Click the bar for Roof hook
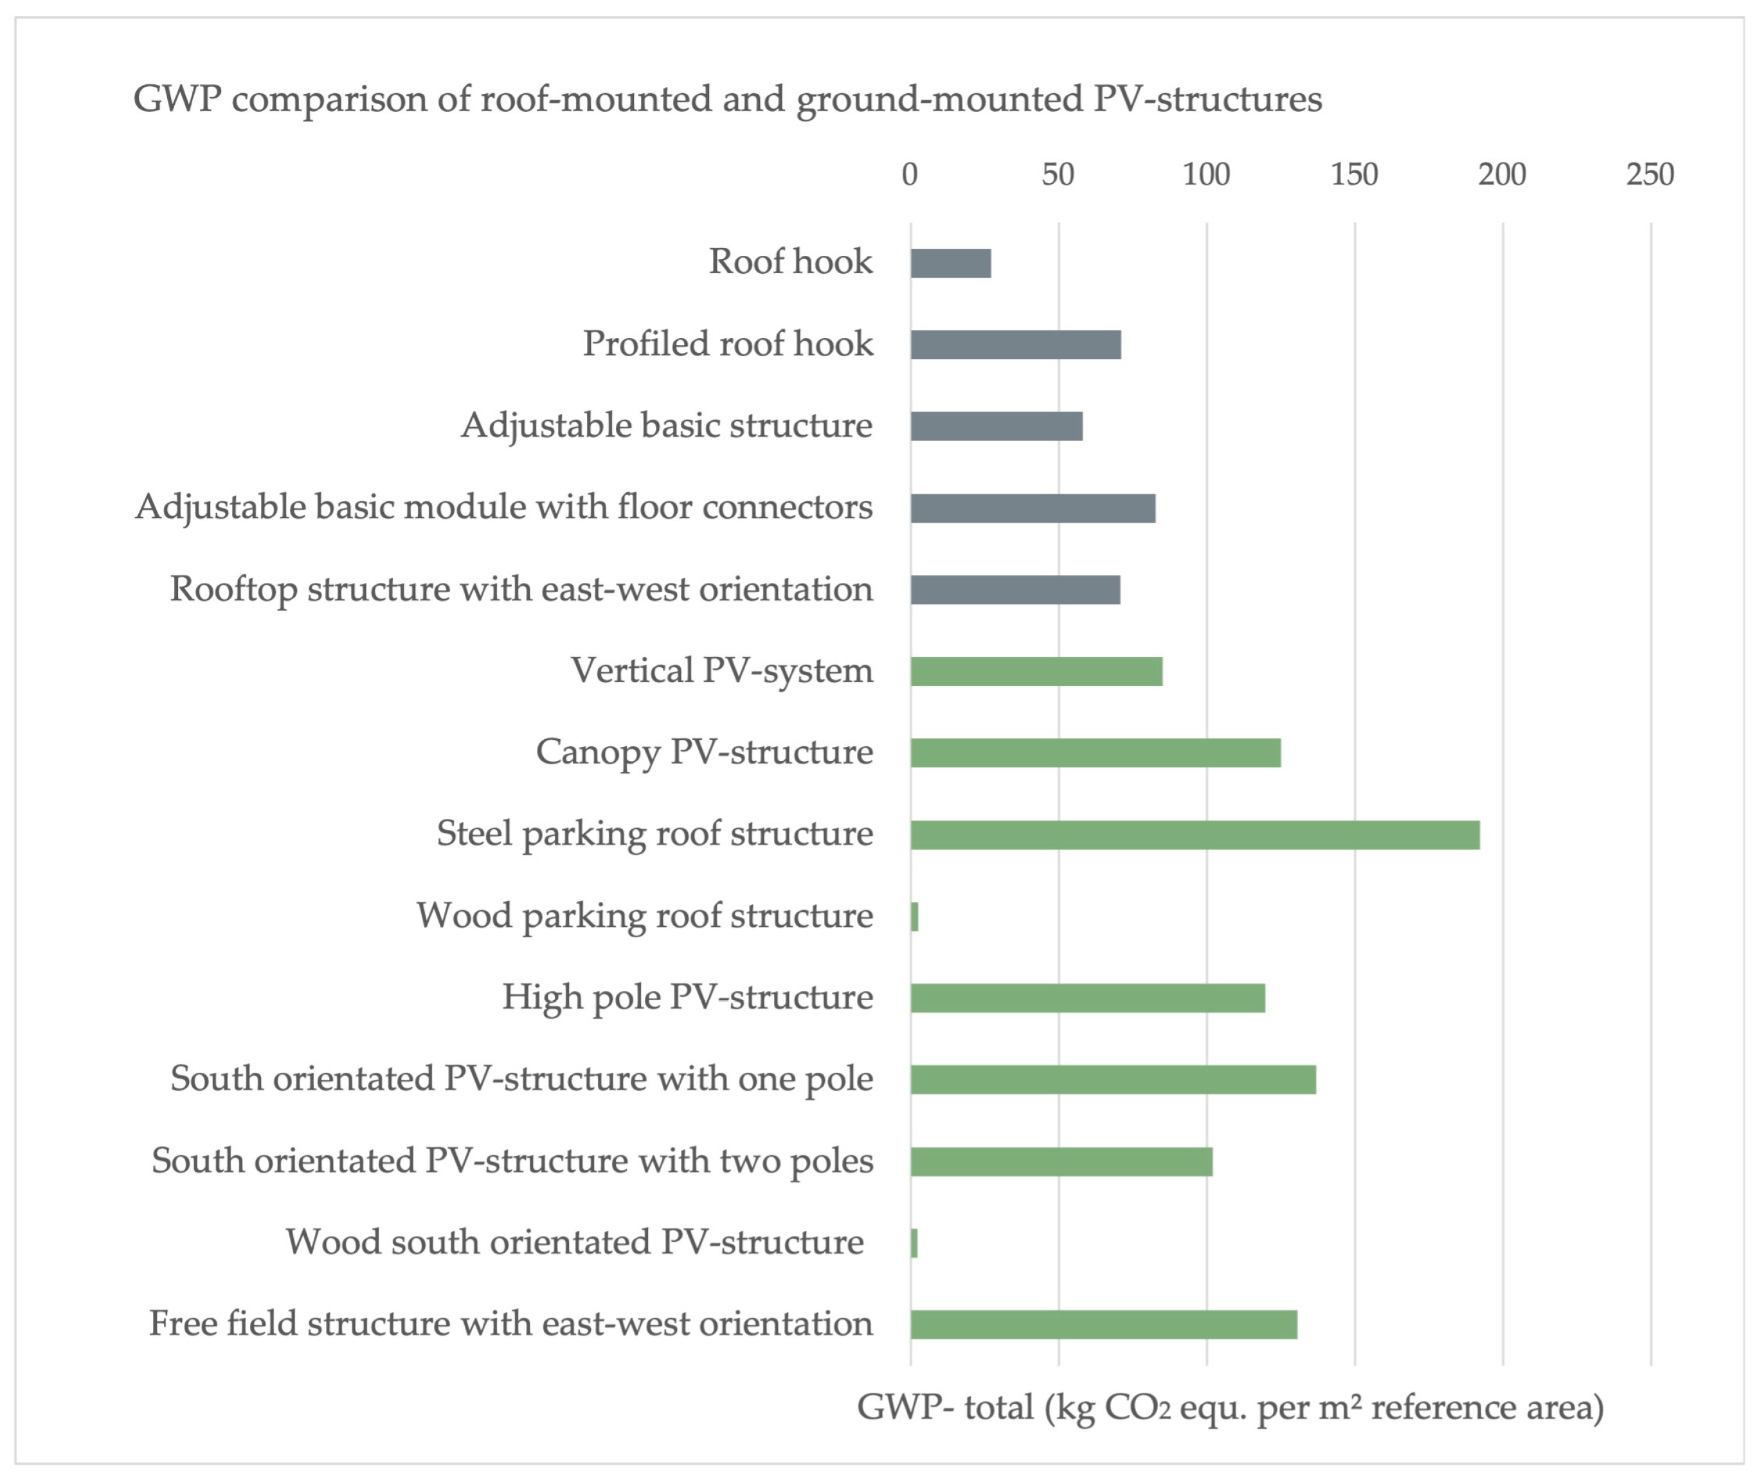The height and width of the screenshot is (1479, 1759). pos(951,264)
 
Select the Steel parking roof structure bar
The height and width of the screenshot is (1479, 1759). pos(1195,835)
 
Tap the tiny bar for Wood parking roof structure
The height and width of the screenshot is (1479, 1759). pos(915,917)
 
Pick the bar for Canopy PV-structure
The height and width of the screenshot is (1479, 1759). pos(1096,753)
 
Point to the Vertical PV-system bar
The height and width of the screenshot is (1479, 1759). pos(1036,672)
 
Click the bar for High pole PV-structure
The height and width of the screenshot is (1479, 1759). pos(1087,998)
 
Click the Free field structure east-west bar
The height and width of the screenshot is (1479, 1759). pos(1103,1325)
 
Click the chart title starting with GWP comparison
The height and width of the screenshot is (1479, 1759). pos(727,99)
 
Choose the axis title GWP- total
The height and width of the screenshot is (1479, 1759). pos(1230,1408)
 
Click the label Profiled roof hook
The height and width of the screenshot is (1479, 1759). pos(728,344)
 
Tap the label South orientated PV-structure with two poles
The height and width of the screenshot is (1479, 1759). pos(512,1161)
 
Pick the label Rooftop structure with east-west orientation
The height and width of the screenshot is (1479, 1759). pos(521,589)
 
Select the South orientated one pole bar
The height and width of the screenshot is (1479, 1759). pos(1114,1080)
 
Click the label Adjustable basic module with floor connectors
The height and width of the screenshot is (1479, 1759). pos(504,507)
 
